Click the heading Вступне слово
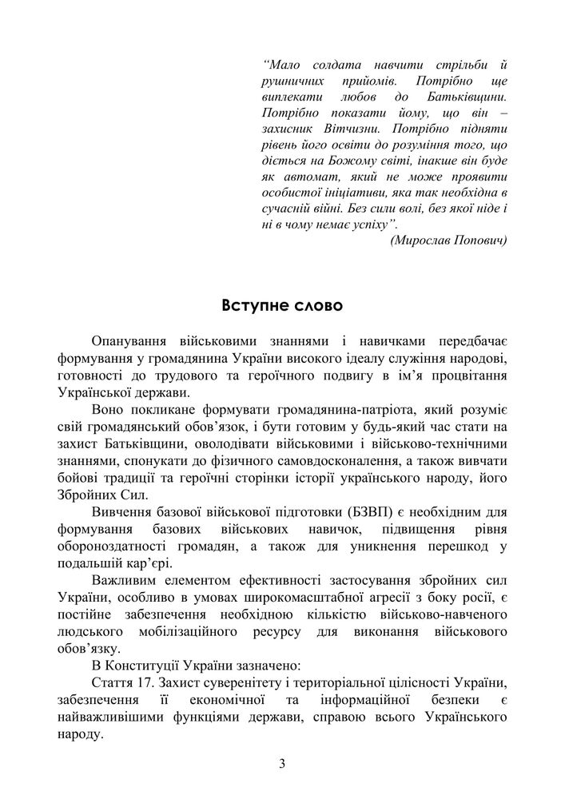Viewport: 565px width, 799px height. click(x=281, y=307)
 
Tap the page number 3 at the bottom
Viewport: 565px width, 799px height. click(x=282, y=762)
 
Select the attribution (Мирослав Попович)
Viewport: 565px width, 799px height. click(x=448, y=240)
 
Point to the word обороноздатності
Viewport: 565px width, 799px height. click(x=114, y=545)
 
